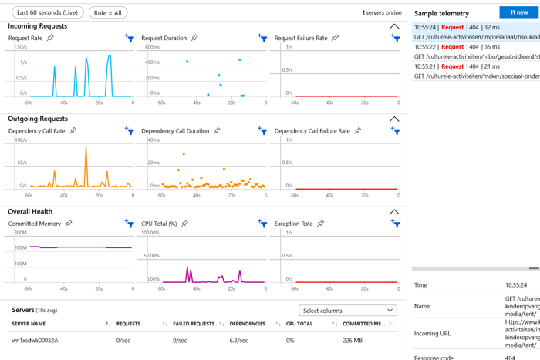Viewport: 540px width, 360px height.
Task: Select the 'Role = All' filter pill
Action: [x=108, y=13]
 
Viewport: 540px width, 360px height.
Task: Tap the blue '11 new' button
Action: [x=518, y=12]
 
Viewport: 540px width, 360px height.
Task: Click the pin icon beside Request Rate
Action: [x=51, y=38]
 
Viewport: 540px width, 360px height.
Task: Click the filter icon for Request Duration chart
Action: [x=263, y=39]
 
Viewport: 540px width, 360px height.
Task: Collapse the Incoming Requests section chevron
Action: [x=394, y=26]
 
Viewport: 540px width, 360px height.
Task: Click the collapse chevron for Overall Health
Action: [x=394, y=211]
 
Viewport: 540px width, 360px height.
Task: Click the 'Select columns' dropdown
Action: [x=348, y=311]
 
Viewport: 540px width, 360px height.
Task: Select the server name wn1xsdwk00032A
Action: [x=35, y=340]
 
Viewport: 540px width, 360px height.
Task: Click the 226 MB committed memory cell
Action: [x=353, y=340]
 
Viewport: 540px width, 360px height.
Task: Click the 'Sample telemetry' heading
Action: [x=442, y=14]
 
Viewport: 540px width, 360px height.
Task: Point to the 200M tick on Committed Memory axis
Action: [x=20, y=247]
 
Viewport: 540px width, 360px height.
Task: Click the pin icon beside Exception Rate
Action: [x=320, y=224]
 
